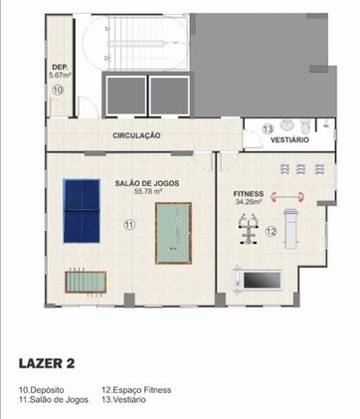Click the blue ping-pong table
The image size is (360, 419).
point(82,211)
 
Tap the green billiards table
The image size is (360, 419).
point(173,233)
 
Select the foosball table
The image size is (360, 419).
point(86,282)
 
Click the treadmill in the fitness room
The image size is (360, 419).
point(258,280)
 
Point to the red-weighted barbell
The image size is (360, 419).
point(287,197)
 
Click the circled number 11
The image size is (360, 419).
point(129,225)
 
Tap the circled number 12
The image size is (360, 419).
point(271,231)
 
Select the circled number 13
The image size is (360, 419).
point(268,129)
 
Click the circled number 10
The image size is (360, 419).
point(58,90)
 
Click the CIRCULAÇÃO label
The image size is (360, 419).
point(136,135)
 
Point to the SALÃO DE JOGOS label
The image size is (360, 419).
point(147,183)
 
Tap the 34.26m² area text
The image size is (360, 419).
point(249,201)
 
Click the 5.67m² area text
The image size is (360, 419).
point(60,75)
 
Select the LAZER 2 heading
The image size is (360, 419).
point(47,363)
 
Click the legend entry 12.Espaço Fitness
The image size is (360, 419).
point(136,390)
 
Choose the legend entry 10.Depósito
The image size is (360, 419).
point(41,390)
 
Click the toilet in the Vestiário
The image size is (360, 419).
point(305,126)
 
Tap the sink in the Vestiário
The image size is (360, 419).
point(287,125)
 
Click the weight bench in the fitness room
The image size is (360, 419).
point(291,229)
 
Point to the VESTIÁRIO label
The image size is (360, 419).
point(289,139)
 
